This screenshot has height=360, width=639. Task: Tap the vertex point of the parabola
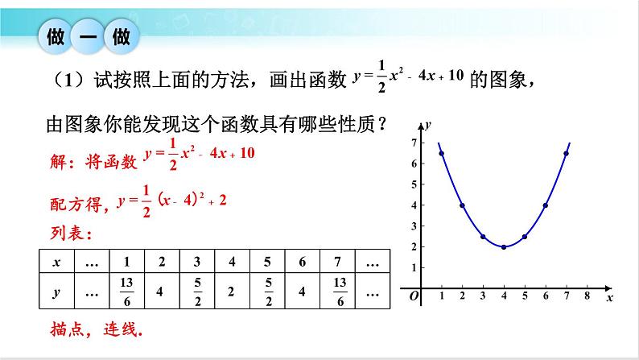point(504,246)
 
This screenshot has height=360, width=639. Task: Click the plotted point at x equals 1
point(442,153)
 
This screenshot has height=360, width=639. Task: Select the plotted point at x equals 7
point(567,153)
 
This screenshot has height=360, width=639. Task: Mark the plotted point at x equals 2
point(462,205)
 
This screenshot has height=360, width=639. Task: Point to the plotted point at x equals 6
point(546,205)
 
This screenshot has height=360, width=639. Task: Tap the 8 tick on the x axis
point(587,296)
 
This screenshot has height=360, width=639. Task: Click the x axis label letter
point(609,297)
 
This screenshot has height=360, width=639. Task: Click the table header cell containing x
point(56,262)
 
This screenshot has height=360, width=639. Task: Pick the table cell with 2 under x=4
point(231,291)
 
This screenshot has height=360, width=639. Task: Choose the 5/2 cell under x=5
point(266,291)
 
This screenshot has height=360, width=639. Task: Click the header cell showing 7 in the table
point(336,262)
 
